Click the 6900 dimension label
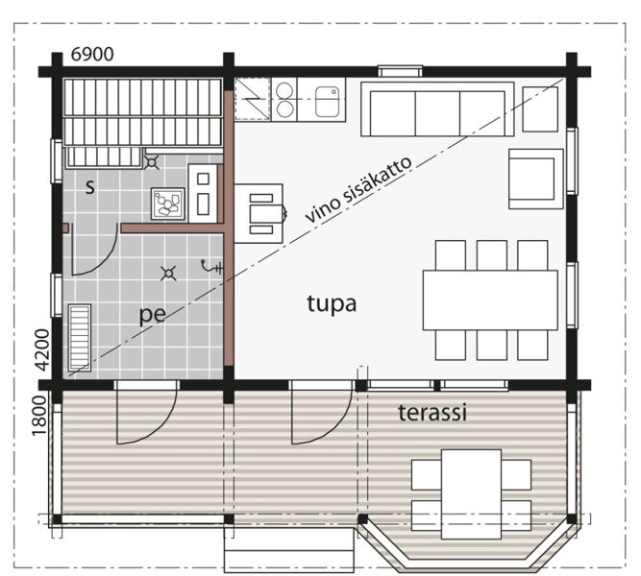(92, 54)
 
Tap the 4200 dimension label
(42, 350)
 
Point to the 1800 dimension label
(39, 416)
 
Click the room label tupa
(332, 304)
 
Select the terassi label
(432, 413)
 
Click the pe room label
(153, 315)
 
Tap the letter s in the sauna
(90, 187)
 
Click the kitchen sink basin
(328, 101)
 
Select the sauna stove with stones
(168, 204)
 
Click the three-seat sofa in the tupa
(437, 109)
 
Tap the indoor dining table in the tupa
(490, 300)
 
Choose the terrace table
(471, 494)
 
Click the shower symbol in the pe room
(212, 267)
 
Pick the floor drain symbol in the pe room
(168, 274)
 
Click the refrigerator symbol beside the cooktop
(253, 99)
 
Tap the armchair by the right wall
(536, 179)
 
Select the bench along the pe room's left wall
(80, 337)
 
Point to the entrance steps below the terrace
(288, 549)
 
